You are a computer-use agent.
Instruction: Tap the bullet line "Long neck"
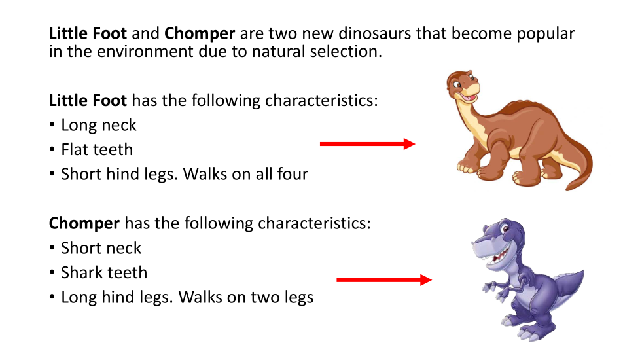tap(98, 125)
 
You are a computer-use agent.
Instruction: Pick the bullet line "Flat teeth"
tap(97, 150)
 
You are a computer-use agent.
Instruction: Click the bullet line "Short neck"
tap(101, 248)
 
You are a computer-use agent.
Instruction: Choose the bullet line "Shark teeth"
tap(104, 273)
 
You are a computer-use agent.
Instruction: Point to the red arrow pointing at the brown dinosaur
tap(367, 144)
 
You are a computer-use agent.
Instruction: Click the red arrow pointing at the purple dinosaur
tap(384, 280)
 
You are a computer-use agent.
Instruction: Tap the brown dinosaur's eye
tap(458, 85)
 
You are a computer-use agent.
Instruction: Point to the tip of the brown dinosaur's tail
tap(567, 189)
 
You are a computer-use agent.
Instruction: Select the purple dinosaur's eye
tap(505, 227)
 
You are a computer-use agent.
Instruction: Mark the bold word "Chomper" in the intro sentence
tap(200, 34)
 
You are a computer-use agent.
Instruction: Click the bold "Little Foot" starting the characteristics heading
tap(88, 100)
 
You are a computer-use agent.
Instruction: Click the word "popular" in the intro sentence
tap(545, 34)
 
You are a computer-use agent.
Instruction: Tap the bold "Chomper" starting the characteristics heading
tap(84, 224)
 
